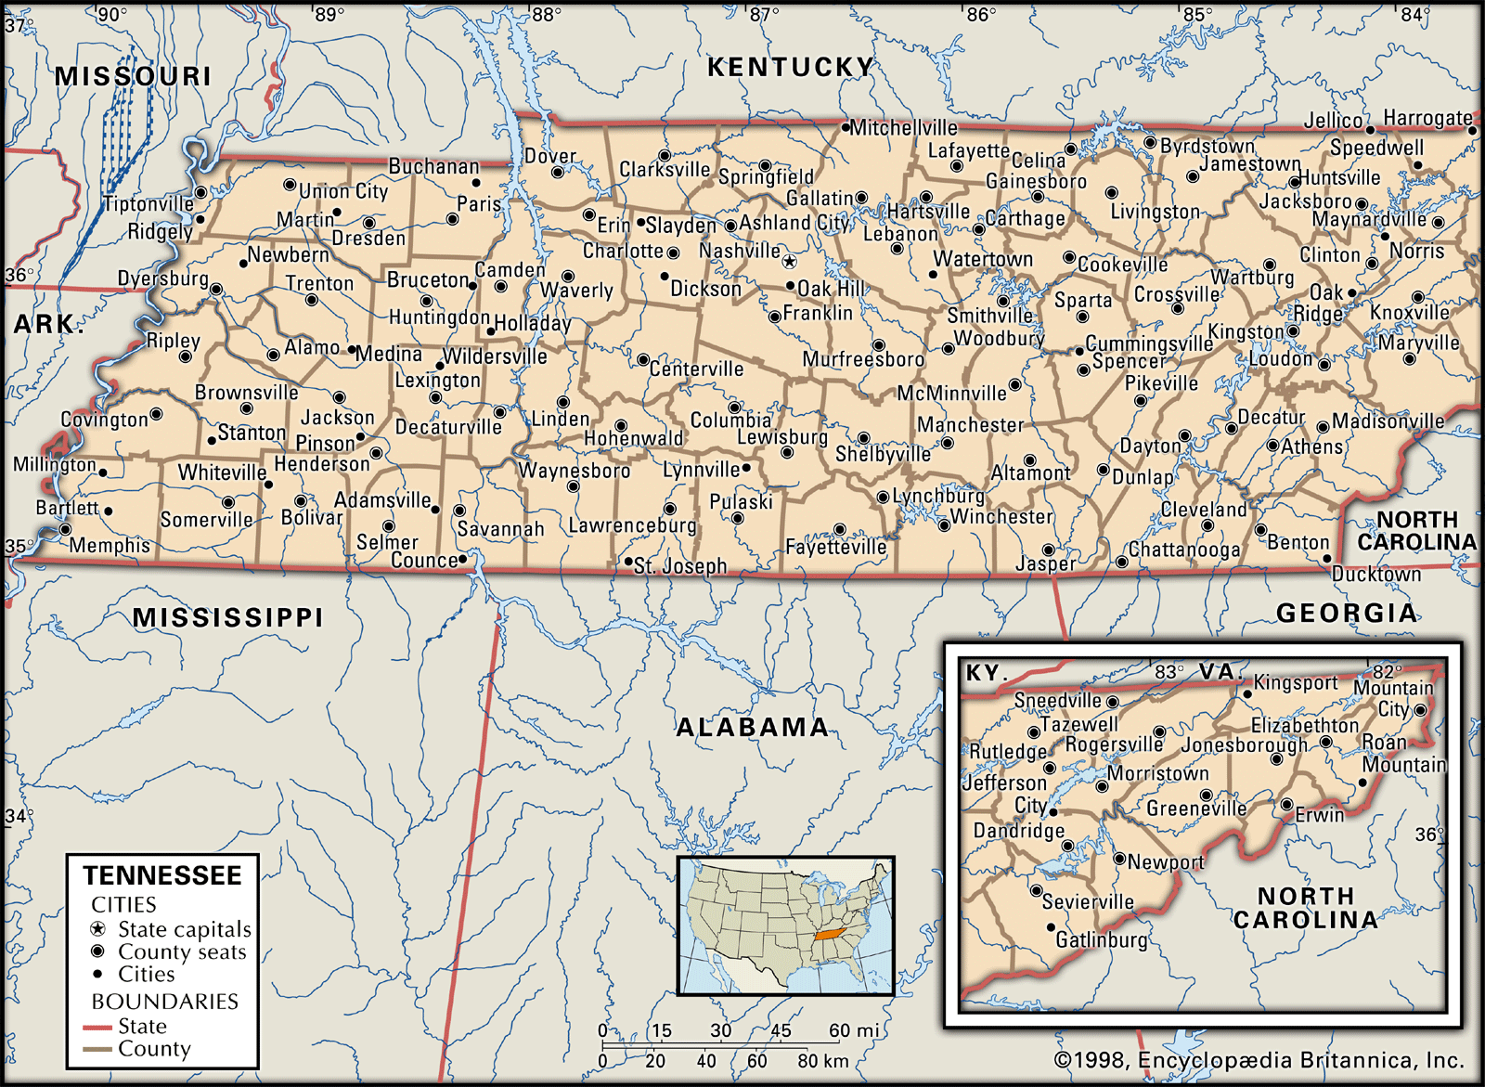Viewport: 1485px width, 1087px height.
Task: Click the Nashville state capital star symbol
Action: (x=789, y=262)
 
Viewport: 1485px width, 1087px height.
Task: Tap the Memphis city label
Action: (x=110, y=545)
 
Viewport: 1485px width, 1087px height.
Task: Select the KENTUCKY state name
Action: (x=791, y=67)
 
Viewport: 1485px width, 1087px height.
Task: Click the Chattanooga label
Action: (x=1184, y=550)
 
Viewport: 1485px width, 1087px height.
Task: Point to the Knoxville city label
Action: (x=1409, y=313)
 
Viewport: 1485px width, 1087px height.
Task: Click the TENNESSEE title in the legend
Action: (x=162, y=875)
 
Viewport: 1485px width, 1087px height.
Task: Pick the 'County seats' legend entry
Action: (x=182, y=951)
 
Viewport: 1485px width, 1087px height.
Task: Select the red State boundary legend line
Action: (x=97, y=1028)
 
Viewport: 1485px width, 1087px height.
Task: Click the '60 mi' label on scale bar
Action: (x=853, y=1030)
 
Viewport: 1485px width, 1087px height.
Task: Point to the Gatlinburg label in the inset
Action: (x=1101, y=939)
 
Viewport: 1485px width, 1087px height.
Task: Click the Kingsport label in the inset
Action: (x=1296, y=683)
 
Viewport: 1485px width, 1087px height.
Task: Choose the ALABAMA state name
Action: (x=752, y=727)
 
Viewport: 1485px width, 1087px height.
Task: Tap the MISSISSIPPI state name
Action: (x=228, y=617)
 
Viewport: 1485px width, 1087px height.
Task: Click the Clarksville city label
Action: (x=665, y=170)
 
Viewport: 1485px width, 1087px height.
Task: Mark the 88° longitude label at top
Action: (x=547, y=14)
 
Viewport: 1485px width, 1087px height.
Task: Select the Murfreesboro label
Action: (x=863, y=359)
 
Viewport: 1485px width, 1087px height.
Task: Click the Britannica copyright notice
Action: (x=1259, y=1060)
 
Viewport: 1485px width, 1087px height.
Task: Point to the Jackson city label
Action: (x=338, y=418)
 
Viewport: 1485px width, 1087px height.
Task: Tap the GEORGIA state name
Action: (x=1347, y=613)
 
